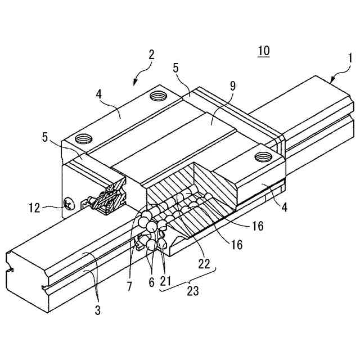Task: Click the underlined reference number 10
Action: [263, 51]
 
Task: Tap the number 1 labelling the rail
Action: [349, 58]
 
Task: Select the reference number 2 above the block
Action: [151, 55]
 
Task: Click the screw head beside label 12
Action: [68, 204]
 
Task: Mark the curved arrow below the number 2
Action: [142, 74]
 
